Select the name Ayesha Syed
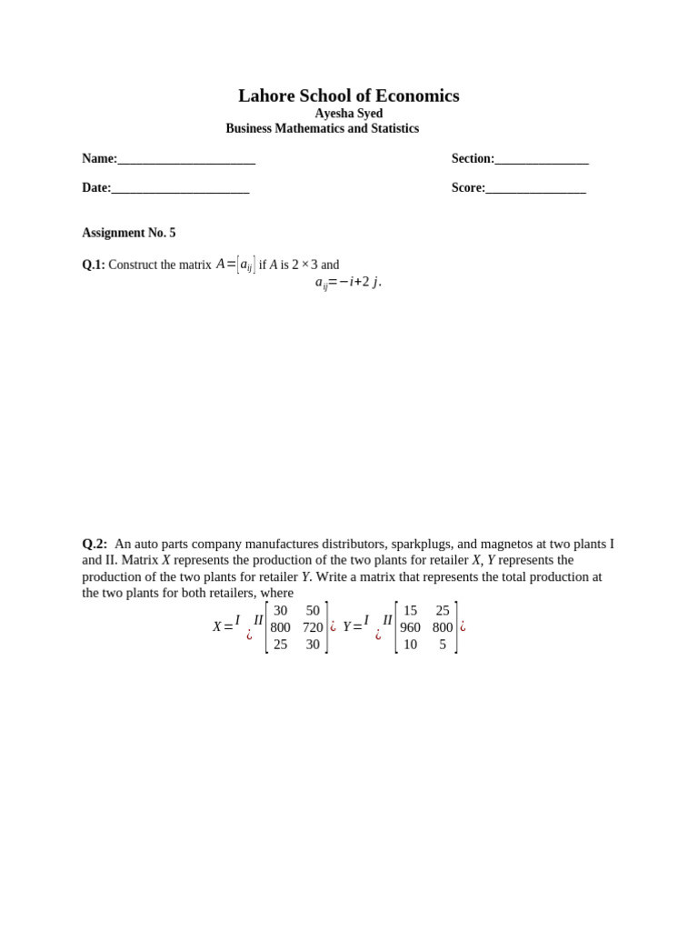click(x=348, y=114)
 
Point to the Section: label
click(x=473, y=159)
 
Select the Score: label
click(x=468, y=188)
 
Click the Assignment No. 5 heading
click(x=128, y=233)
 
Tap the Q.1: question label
click(x=94, y=265)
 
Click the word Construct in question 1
click(x=135, y=265)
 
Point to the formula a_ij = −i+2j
click(x=348, y=282)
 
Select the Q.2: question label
click(x=95, y=544)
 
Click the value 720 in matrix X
click(x=313, y=627)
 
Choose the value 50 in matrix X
click(x=313, y=611)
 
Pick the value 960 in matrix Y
click(x=411, y=627)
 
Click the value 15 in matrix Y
click(x=411, y=611)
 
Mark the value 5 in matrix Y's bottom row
click(x=443, y=644)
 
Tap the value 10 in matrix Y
click(x=411, y=644)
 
